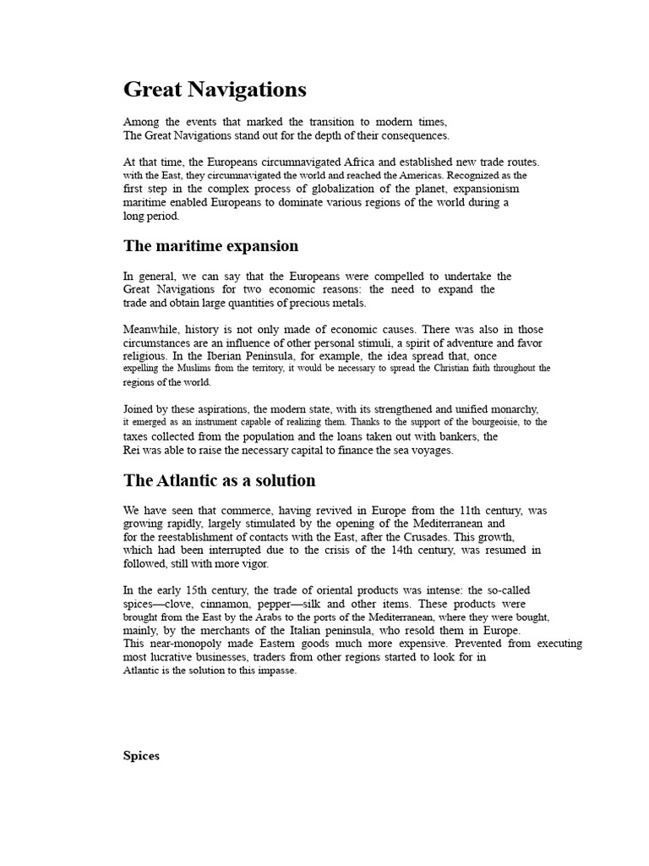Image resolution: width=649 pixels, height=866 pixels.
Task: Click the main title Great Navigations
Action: coord(215,90)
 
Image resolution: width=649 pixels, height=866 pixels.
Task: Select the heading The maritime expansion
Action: coord(210,246)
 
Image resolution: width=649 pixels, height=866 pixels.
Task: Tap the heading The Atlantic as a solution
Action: coord(219,480)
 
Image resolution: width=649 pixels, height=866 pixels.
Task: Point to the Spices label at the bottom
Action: coord(141,756)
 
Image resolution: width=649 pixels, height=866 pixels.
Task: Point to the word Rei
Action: coord(132,451)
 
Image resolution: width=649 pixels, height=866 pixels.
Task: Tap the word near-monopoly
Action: coord(183,644)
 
